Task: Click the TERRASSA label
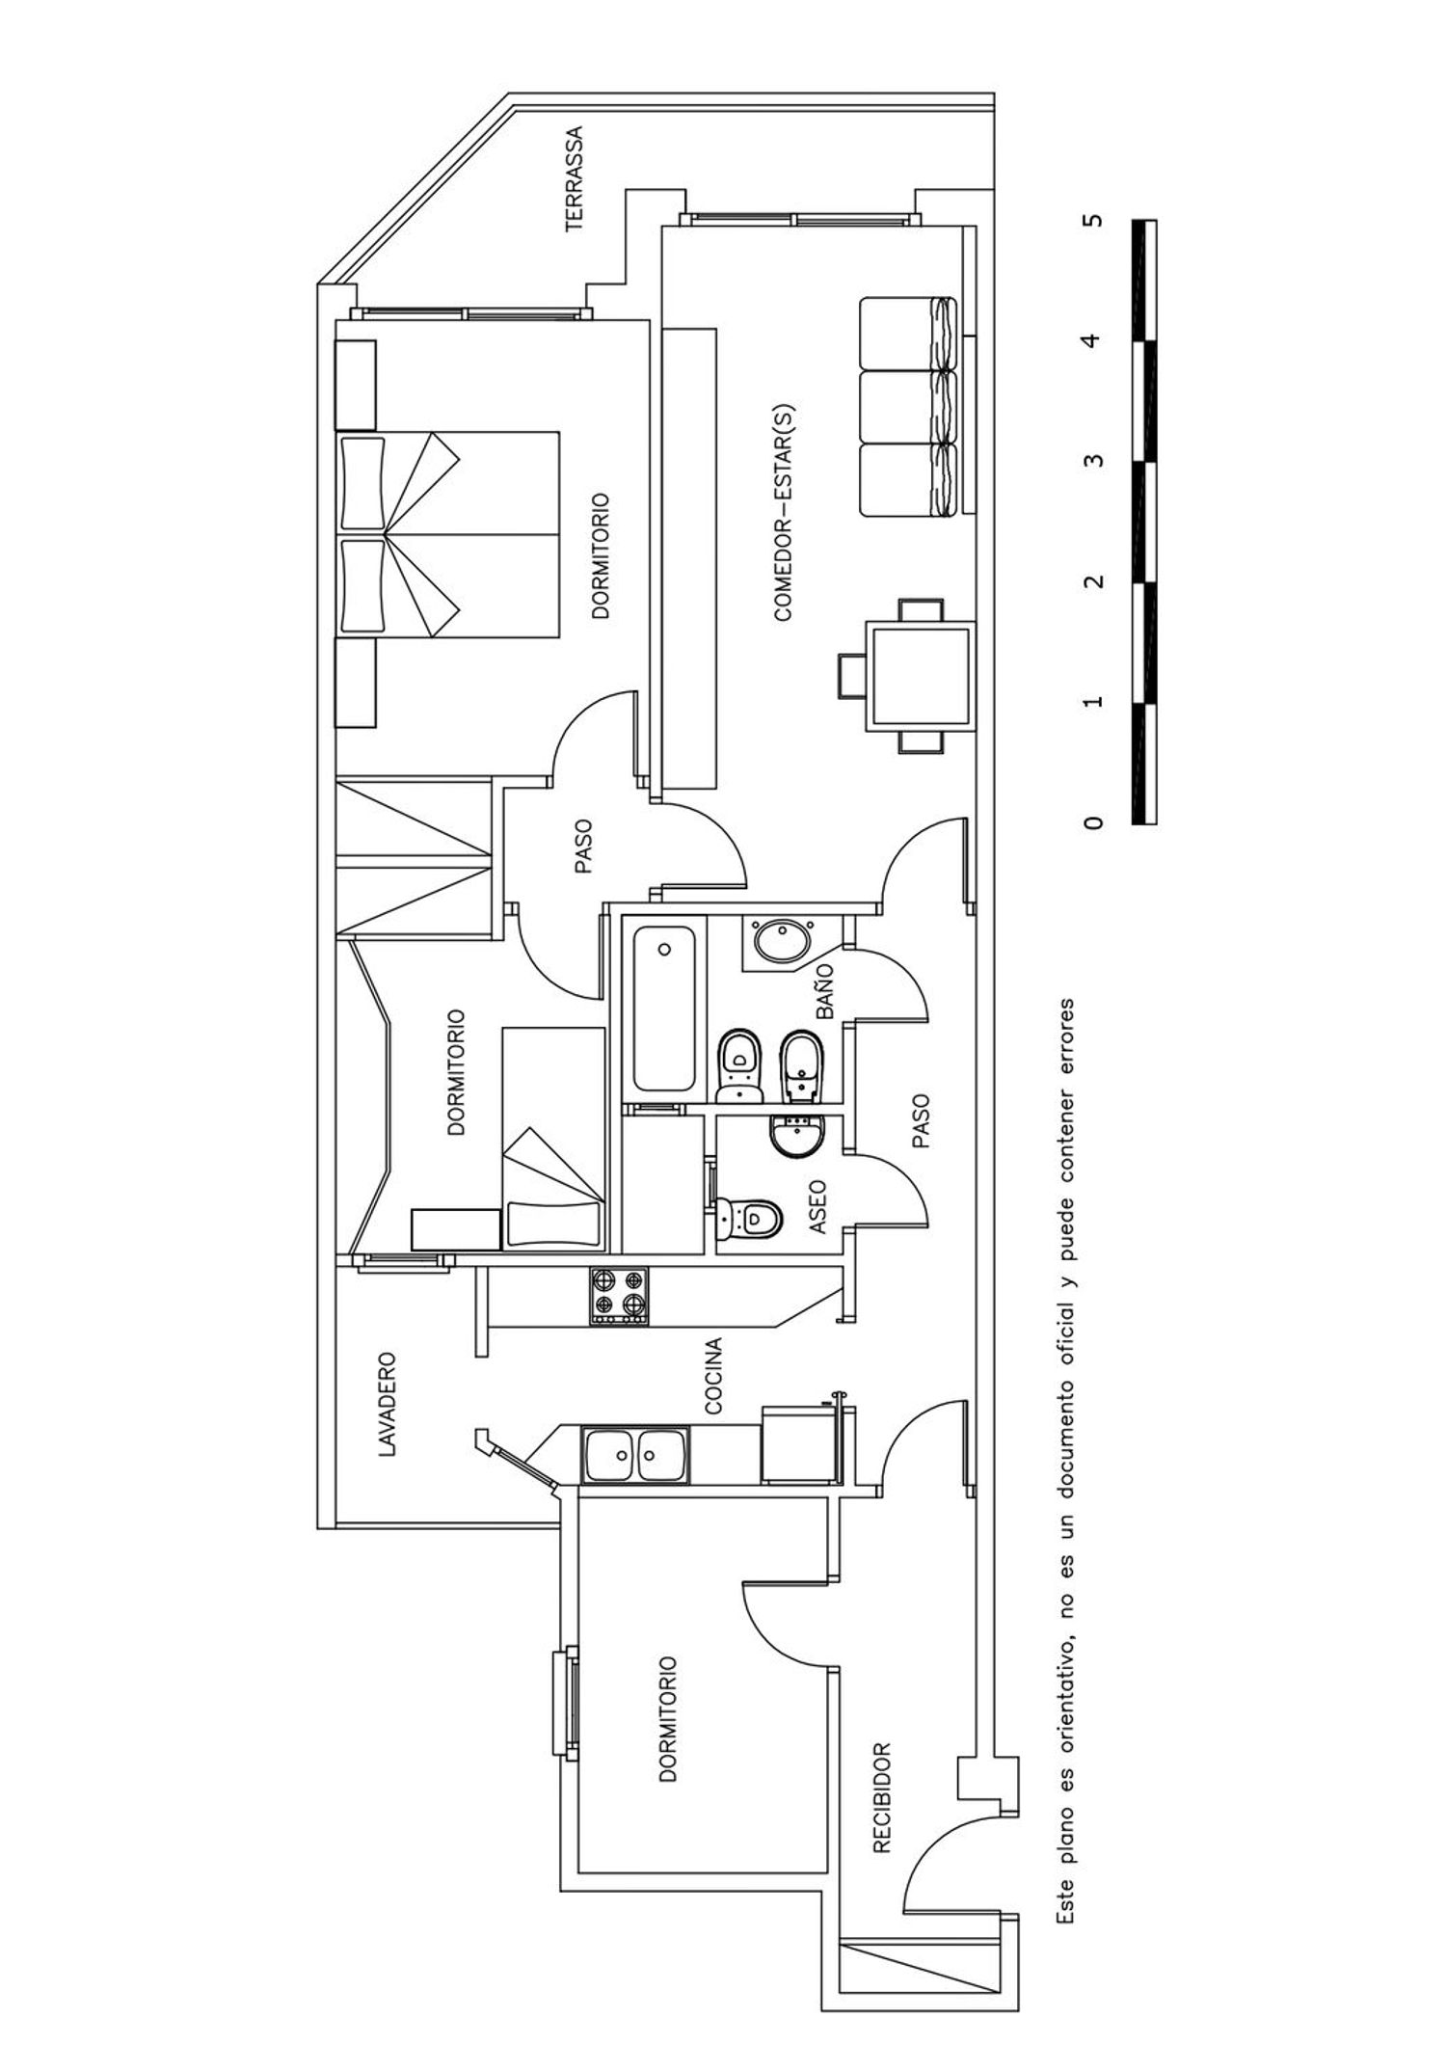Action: [x=575, y=179]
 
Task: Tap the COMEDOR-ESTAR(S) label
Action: [x=783, y=512]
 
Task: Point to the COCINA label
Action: [x=713, y=1376]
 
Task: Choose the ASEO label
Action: [x=817, y=1208]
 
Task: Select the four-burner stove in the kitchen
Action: [x=619, y=1295]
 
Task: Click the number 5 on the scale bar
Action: [x=1091, y=220]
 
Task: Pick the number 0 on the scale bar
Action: [x=1091, y=822]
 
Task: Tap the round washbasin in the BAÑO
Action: [x=784, y=941]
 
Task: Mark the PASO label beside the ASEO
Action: [x=921, y=1121]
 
